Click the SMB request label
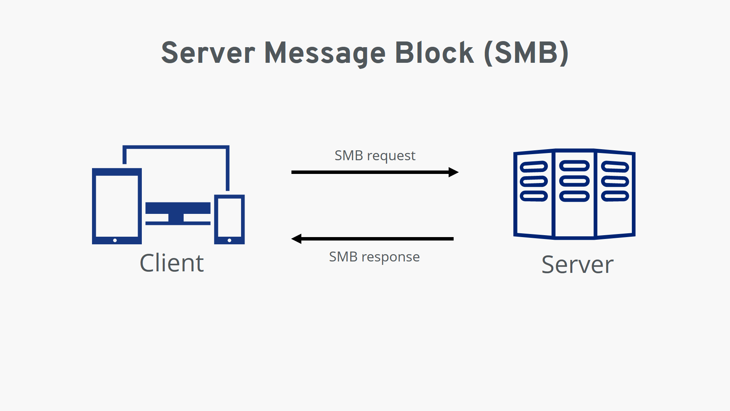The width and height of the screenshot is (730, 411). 375,156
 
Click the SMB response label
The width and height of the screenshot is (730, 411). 374,257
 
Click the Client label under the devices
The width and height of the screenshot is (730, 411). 172,263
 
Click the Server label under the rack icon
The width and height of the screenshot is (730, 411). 577,264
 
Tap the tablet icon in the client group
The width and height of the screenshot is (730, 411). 117,206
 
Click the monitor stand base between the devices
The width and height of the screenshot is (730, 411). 178,223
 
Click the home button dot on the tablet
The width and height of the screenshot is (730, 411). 115,240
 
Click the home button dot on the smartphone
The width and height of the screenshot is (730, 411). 229,240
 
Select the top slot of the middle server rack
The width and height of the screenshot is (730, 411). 574,166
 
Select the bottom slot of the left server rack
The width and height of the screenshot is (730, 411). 534,196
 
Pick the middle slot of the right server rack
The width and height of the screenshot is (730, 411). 615,182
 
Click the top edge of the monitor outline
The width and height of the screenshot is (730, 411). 176,147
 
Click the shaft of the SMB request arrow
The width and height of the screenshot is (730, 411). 369,172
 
